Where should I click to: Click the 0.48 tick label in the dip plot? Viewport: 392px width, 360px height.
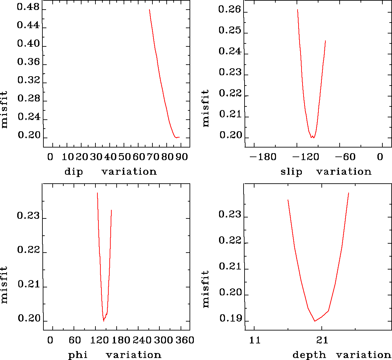coord(28,8)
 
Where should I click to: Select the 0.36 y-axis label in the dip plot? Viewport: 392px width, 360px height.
coord(28,62)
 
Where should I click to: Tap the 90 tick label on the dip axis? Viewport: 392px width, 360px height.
coord(182,157)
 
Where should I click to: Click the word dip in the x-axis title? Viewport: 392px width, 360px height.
coord(74,172)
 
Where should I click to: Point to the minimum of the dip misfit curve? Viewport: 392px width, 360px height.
coord(176,137)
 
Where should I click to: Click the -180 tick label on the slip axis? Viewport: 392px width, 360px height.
coord(263,157)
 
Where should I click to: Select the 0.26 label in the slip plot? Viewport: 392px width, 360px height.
coord(230,10)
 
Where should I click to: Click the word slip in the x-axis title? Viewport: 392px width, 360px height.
coord(291,172)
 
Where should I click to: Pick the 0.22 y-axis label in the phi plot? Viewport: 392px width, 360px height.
coord(28,250)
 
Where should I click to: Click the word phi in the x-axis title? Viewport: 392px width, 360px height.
coord(78,355)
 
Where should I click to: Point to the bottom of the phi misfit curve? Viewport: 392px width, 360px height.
coord(104,321)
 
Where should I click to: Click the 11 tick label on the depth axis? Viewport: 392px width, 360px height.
coord(255,340)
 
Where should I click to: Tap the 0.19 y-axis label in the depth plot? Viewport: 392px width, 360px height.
coord(230,319)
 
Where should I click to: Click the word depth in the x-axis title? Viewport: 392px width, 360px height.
coord(309,355)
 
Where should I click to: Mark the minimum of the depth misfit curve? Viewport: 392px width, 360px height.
coord(314,321)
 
